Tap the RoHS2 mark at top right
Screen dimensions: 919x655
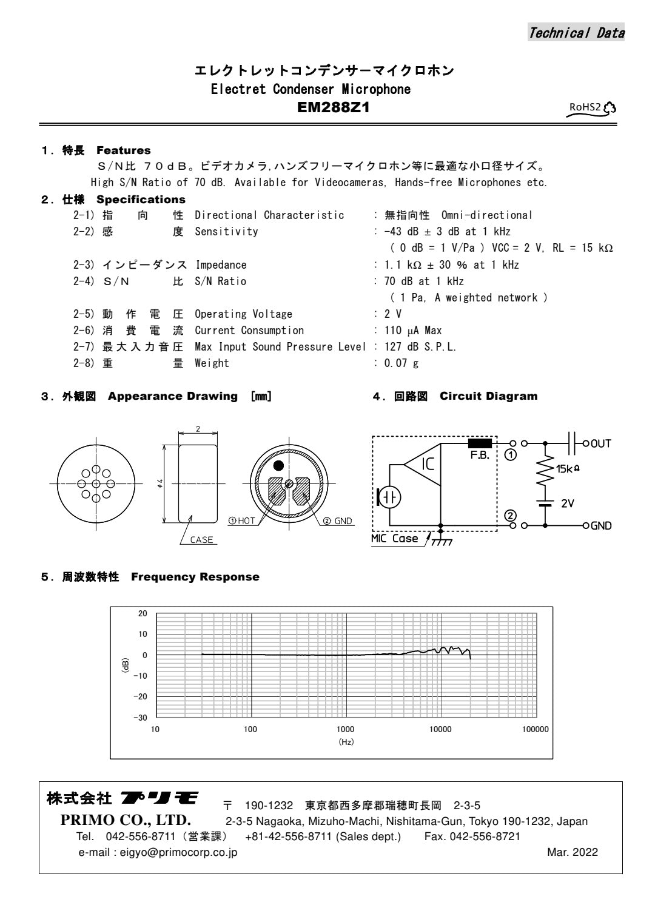pos(591,108)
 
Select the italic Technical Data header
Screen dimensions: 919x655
pos(576,33)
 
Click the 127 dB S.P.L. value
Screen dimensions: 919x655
pos(420,347)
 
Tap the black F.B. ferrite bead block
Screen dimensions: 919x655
pos(480,443)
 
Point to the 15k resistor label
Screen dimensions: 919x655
pos(567,469)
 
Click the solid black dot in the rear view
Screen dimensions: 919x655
pos(278,466)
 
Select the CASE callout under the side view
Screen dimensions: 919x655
pos(201,540)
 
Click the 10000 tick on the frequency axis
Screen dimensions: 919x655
pos(440,729)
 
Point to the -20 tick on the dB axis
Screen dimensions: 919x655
pos(140,696)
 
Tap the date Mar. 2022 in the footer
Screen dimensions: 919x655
pos(572,852)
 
